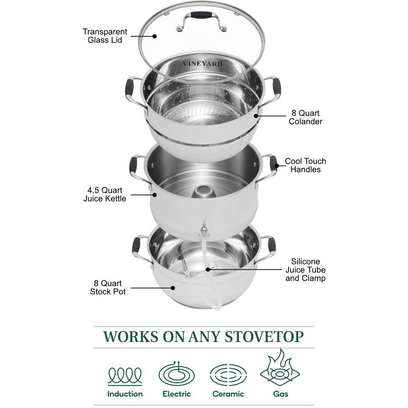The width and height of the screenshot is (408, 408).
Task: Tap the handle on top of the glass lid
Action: click(201, 16)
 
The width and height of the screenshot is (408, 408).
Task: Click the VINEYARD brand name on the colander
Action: click(202, 64)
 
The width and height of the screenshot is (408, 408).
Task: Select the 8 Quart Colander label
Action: click(306, 117)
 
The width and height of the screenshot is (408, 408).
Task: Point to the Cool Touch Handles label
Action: click(305, 165)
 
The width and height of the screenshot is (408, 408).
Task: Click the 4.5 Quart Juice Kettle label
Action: click(105, 194)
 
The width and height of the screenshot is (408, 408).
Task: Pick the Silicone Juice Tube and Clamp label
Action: click(305, 270)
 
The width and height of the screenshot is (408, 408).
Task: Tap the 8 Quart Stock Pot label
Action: click(108, 287)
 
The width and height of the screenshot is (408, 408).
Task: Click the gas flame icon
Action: click(280, 370)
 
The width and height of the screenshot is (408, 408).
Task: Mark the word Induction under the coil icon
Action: click(125, 394)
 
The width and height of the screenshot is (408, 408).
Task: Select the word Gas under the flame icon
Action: click(280, 394)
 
